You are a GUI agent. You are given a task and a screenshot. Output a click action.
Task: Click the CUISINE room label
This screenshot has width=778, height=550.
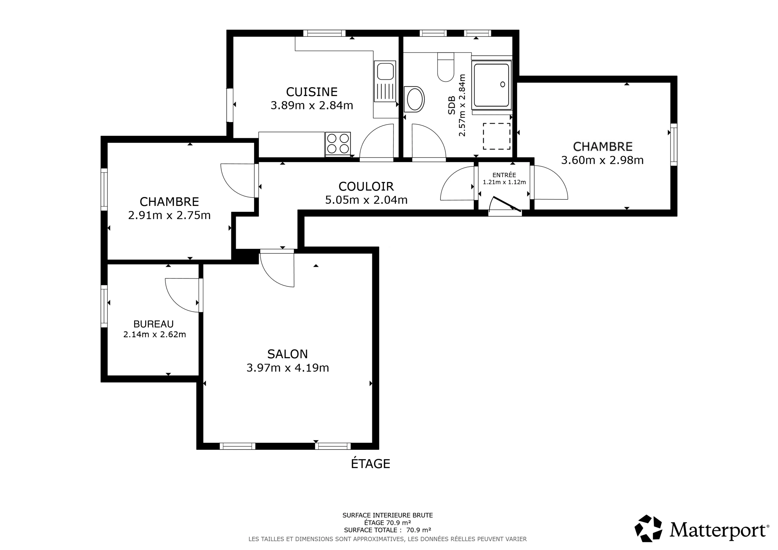(312, 92)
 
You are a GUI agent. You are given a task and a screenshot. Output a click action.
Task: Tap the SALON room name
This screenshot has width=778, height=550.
(287, 354)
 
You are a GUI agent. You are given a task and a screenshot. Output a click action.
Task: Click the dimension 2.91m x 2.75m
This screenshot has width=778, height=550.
(169, 215)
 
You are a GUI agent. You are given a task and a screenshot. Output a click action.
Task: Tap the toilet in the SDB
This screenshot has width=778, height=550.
(446, 67)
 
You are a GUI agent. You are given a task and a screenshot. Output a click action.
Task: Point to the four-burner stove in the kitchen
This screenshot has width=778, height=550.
(338, 144)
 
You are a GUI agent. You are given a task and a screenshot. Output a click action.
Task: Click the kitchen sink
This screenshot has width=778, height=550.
(385, 81)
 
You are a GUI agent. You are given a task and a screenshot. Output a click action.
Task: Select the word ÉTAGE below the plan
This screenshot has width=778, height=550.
(370, 463)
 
